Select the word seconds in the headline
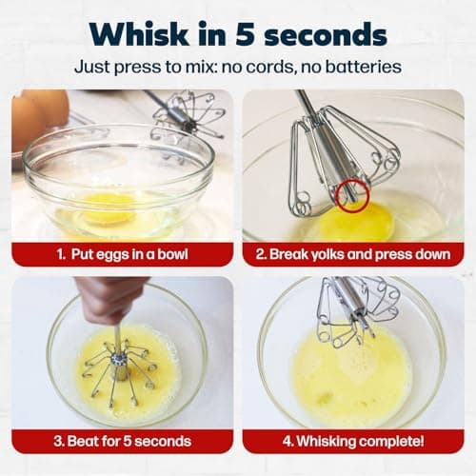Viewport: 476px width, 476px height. tap(332, 33)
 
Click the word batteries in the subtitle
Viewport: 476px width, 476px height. tap(363, 68)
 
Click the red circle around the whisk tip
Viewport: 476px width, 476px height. tap(350, 193)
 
